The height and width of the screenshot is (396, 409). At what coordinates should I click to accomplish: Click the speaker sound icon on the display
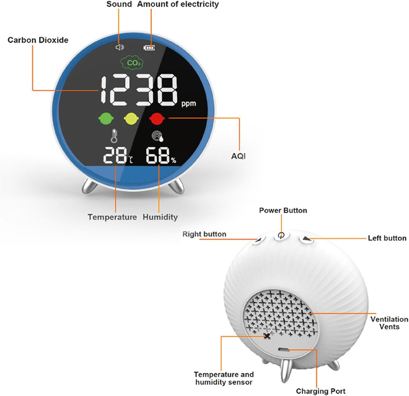pyautogui.click(x=120, y=47)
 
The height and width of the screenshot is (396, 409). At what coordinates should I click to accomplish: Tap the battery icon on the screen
pyautogui.click(x=149, y=48)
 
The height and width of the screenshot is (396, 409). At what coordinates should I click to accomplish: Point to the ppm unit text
pyautogui.click(x=189, y=103)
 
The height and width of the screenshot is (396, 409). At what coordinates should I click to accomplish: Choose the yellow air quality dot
pyautogui.click(x=131, y=118)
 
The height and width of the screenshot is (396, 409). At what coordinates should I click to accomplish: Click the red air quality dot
pyautogui.click(x=157, y=118)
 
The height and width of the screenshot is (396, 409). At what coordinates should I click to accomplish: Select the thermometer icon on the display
pyautogui.click(x=114, y=136)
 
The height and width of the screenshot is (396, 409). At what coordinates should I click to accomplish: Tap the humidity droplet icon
pyautogui.click(x=158, y=136)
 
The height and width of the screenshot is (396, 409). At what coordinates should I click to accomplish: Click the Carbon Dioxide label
pyautogui.click(x=38, y=40)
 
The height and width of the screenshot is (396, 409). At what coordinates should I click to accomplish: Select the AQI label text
pyautogui.click(x=238, y=156)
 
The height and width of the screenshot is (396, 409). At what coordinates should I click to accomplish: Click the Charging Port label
pyautogui.click(x=321, y=391)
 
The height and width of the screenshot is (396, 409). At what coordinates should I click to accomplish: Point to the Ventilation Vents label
pyautogui.click(x=389, y=323)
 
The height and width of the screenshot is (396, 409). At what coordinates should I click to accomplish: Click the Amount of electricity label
pyautogui.click(x=178, y=4)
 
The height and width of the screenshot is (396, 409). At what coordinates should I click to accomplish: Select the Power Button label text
pyautogui.click(x=283, y=210)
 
